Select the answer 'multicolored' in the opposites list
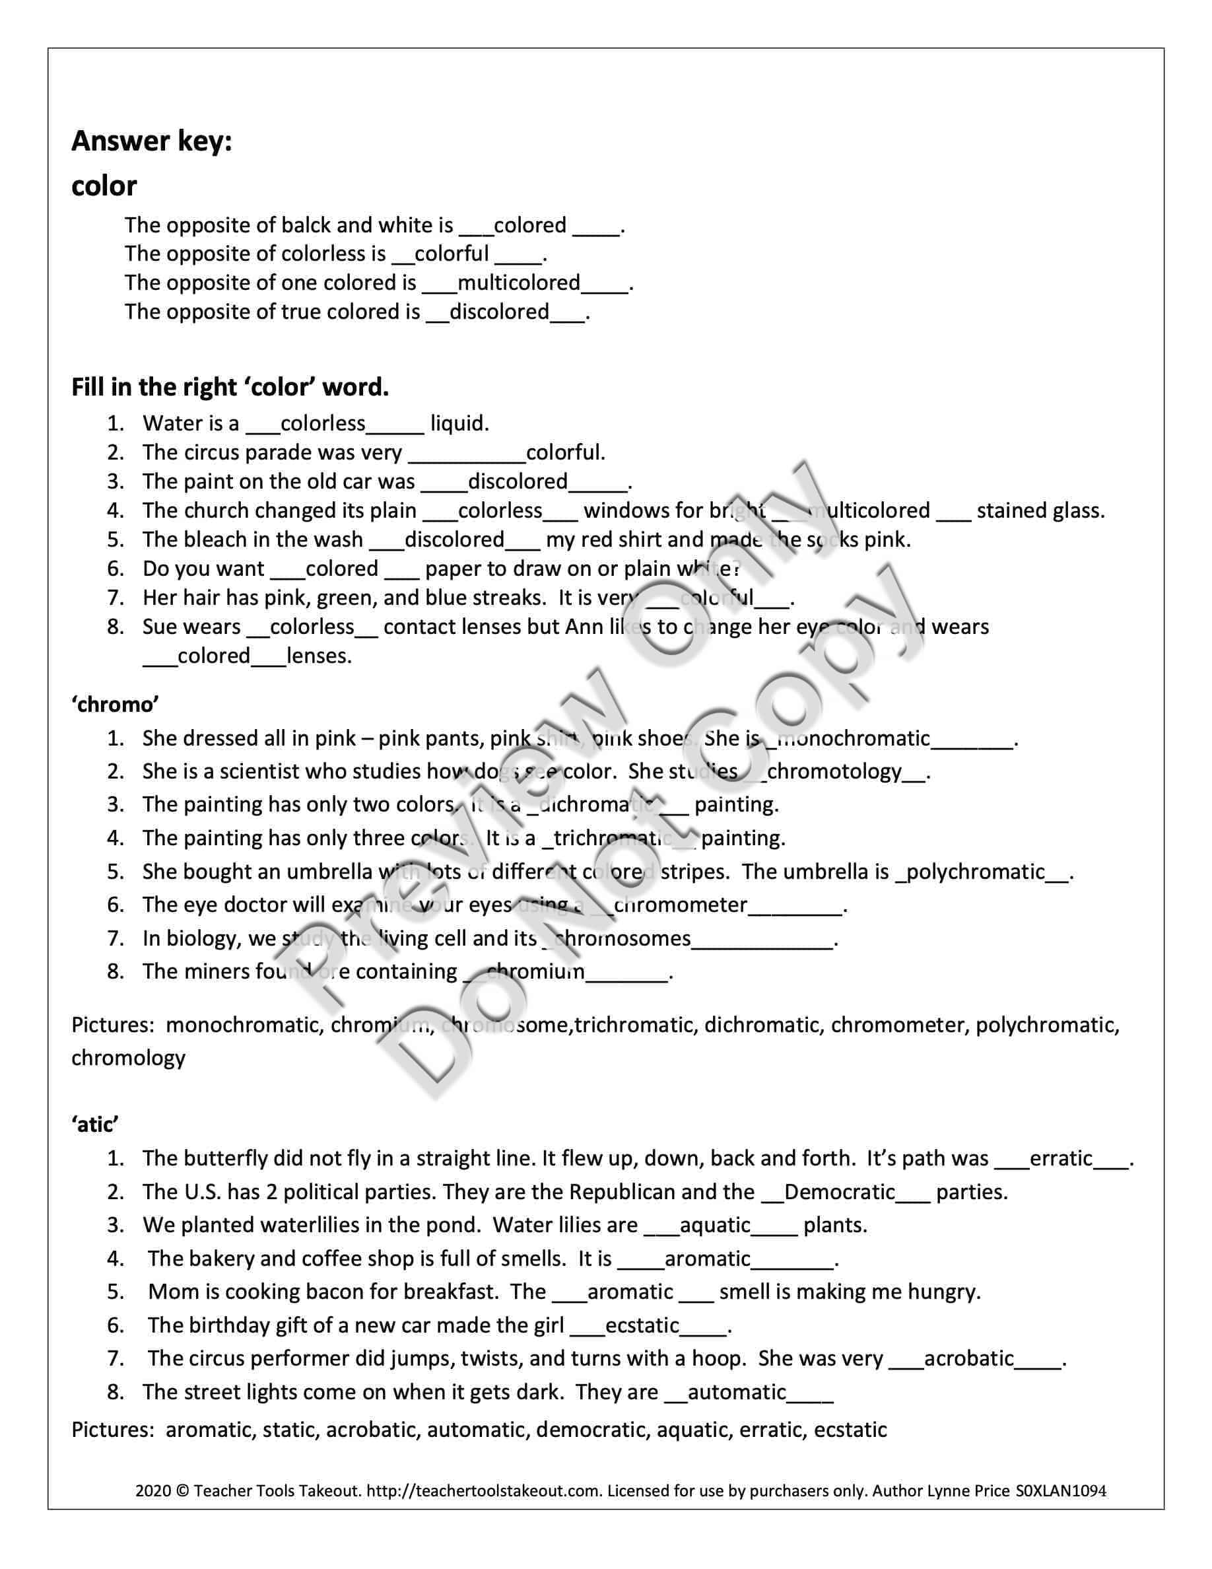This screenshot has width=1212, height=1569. click(x=518, y=283)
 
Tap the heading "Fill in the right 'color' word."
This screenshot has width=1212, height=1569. click(x=230, y=388)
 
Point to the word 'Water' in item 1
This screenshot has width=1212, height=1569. click(x=172, y=424)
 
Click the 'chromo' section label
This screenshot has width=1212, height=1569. click(x=115, y=705)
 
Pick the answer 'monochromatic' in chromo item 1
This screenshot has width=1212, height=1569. click(x=854, y=738)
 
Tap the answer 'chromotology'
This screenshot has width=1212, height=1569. click(x=834, y=771)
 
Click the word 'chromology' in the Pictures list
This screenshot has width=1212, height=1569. click(x=128, y=1058)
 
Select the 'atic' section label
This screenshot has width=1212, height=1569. click(x=95, y=1125)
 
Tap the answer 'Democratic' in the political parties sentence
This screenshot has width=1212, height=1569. click(x=839, y=1193)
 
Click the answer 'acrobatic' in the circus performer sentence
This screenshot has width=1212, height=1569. click(x=968, y=1359)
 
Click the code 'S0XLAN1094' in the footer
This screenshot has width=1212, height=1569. click(x=1060, y=1492)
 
